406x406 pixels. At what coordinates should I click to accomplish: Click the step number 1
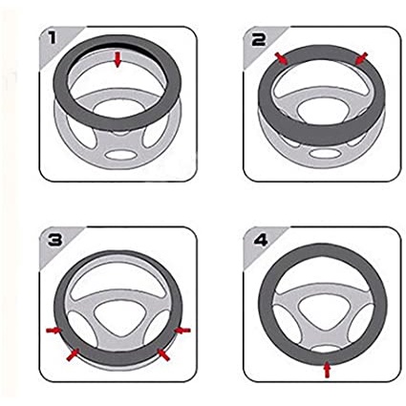[x=52, y=38]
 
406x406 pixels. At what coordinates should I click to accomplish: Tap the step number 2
[x=258, y=40]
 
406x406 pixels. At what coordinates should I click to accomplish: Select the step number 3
[x=54, y=240]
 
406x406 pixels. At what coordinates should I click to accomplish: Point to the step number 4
[x=261, y=240]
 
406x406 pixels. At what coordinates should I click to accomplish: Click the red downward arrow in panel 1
[x=118, y=60]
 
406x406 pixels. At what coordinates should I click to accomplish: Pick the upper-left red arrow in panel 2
[x=281, y=58]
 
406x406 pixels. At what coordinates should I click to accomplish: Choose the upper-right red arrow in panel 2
[x=361, y=58]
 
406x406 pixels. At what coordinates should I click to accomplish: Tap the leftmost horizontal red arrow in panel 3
[x=53, y=331]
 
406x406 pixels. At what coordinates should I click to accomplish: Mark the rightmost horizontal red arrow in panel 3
[x=182, y=331]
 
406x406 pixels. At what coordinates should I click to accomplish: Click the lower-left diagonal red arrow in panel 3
[x=73, y=354]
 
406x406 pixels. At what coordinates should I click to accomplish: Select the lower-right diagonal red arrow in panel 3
[x=163, y=354]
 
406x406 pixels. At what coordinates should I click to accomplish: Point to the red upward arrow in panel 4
[x=327, y=370]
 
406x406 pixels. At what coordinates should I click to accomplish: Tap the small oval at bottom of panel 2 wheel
[x=325, y=153]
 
